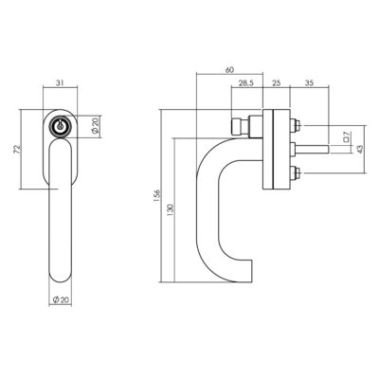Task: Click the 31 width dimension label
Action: pos(60,82)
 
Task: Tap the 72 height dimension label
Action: pos(17,149)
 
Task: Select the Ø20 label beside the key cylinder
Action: pos(96,126)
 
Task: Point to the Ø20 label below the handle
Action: pos(61,299)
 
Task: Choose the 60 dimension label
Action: pos(229,70)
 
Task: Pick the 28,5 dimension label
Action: pos(246,83)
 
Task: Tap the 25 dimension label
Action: pos(276,83)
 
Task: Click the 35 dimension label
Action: pos(310,83)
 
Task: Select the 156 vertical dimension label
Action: pos(158,196)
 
